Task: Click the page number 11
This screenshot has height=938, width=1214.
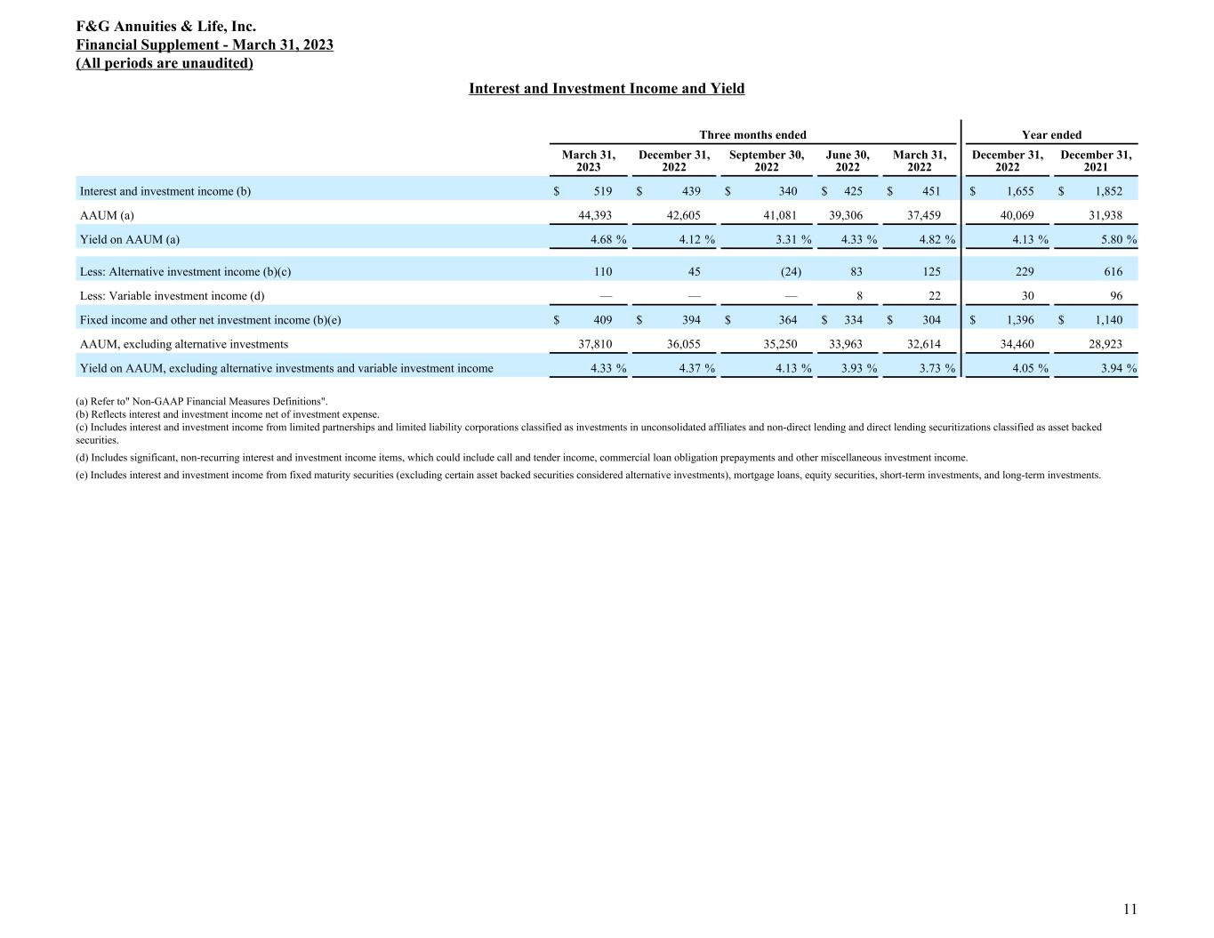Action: [1130, 909]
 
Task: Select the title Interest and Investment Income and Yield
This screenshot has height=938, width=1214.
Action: [607, 89]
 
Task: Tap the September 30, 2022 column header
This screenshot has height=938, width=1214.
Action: [766, 161]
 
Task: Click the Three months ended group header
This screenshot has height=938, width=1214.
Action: [752, 135]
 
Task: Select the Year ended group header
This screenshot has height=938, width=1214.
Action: [1051, 135]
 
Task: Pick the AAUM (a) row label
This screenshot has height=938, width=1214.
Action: [107, 215]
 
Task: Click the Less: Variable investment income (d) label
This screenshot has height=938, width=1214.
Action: [173, 296]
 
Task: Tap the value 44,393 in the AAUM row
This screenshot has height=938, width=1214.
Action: [595, 215]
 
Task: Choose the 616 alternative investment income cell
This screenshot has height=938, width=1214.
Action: [1112, 272]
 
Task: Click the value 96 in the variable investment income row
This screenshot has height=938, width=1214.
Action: [1114, 296]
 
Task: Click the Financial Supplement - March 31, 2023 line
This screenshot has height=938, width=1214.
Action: [205, 45]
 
